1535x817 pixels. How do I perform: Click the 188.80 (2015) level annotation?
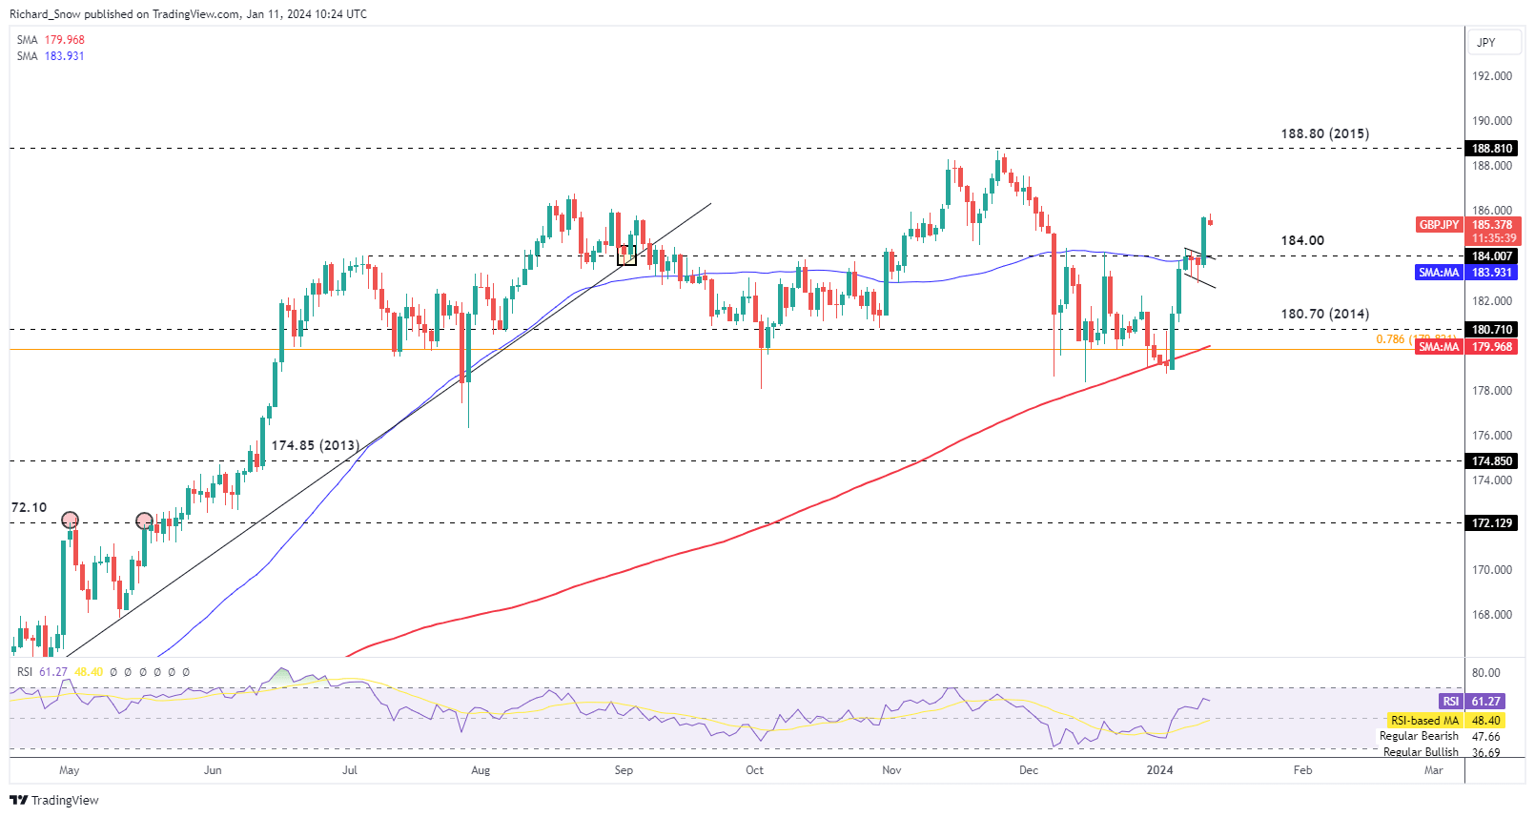click(x=1324, y=133)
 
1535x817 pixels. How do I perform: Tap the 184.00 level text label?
click(x=1302, y=240)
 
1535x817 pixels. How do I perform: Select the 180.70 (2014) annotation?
click(x=1324, y=314)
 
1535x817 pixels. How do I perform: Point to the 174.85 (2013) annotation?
click(x=315, y=445)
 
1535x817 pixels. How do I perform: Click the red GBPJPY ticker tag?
click(x=1439, y=225)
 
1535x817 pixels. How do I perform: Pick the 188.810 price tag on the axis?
click(x=1492, y=149)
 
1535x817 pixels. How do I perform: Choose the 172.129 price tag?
click(x=1492, y=523)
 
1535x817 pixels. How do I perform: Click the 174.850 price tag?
click(x=1492, y=461)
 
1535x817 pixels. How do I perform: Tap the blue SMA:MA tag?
click(x=1439, y=273)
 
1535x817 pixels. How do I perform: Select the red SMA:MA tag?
click(x=1439, y=347)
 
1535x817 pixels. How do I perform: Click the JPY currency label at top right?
click(x=1486, y=43)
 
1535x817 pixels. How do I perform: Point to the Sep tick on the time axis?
click(x=624, y=770)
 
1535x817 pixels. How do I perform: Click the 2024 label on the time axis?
click(x=1159, y=770)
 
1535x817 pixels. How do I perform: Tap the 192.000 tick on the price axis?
click(x=1492, y=76)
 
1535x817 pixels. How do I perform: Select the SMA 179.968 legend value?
click(x=64, y=40)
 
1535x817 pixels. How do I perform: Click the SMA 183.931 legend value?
click(x=64, y=56)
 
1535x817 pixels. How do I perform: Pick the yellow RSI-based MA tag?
click(x=1424, y=721)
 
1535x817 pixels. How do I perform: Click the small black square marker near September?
click(x=626, y=255)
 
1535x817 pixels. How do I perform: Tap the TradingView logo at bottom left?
click(x=54, y=800)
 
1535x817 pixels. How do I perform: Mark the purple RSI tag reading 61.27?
click(x=1450, y=702)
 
